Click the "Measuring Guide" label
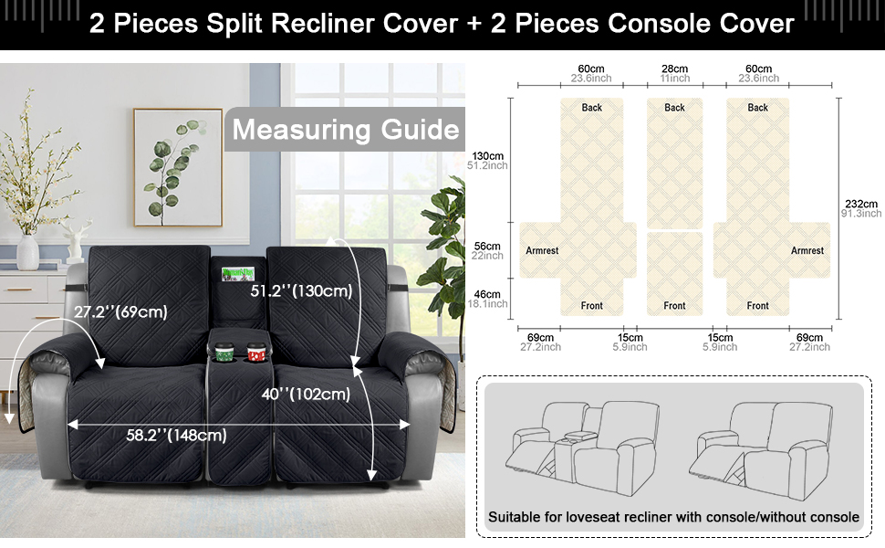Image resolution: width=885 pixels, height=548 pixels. [346, 129]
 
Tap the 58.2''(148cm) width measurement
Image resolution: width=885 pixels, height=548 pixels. [176, 435]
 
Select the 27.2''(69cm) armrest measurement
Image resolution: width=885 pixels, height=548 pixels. [120, 311]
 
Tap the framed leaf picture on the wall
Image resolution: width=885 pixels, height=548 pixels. [177, 167]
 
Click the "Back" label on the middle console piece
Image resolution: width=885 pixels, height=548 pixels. [675, 108]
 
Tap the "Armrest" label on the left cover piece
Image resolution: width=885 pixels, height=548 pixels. [542, 250]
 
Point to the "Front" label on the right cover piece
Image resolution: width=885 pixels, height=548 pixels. [757, 306]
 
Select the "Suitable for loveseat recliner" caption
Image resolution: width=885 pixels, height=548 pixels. [673, 517]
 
